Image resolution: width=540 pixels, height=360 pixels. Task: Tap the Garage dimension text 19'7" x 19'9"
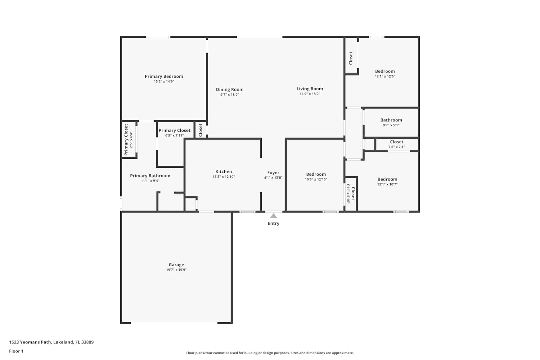coord(176,270)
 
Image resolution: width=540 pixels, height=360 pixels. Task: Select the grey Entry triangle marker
coord(273,216)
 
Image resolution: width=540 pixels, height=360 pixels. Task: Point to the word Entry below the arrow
coord(274,224)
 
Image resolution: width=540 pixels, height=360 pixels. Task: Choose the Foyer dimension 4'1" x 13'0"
coord(273,178)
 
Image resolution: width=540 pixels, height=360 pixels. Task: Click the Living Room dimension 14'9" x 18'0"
coord(310,94)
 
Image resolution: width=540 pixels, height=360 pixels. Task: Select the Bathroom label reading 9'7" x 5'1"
coord(391,122)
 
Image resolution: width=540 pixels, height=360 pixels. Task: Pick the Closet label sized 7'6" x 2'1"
coord(397,144)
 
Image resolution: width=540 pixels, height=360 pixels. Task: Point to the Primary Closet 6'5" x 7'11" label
coord(175,132)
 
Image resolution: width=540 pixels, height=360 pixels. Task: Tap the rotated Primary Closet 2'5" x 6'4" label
coord(128,140)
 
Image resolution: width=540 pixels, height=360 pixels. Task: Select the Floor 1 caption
coord(16,351)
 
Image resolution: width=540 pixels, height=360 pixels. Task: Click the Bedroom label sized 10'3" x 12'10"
coord(316,176)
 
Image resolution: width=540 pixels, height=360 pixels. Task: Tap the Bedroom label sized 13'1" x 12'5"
coord(385,73)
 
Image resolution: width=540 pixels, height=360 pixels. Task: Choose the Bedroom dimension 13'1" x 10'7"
coord(387,184)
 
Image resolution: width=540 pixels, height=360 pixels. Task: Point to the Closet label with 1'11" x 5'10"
coord(351,193)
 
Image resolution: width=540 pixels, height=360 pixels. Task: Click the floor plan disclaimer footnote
coord(270,353)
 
